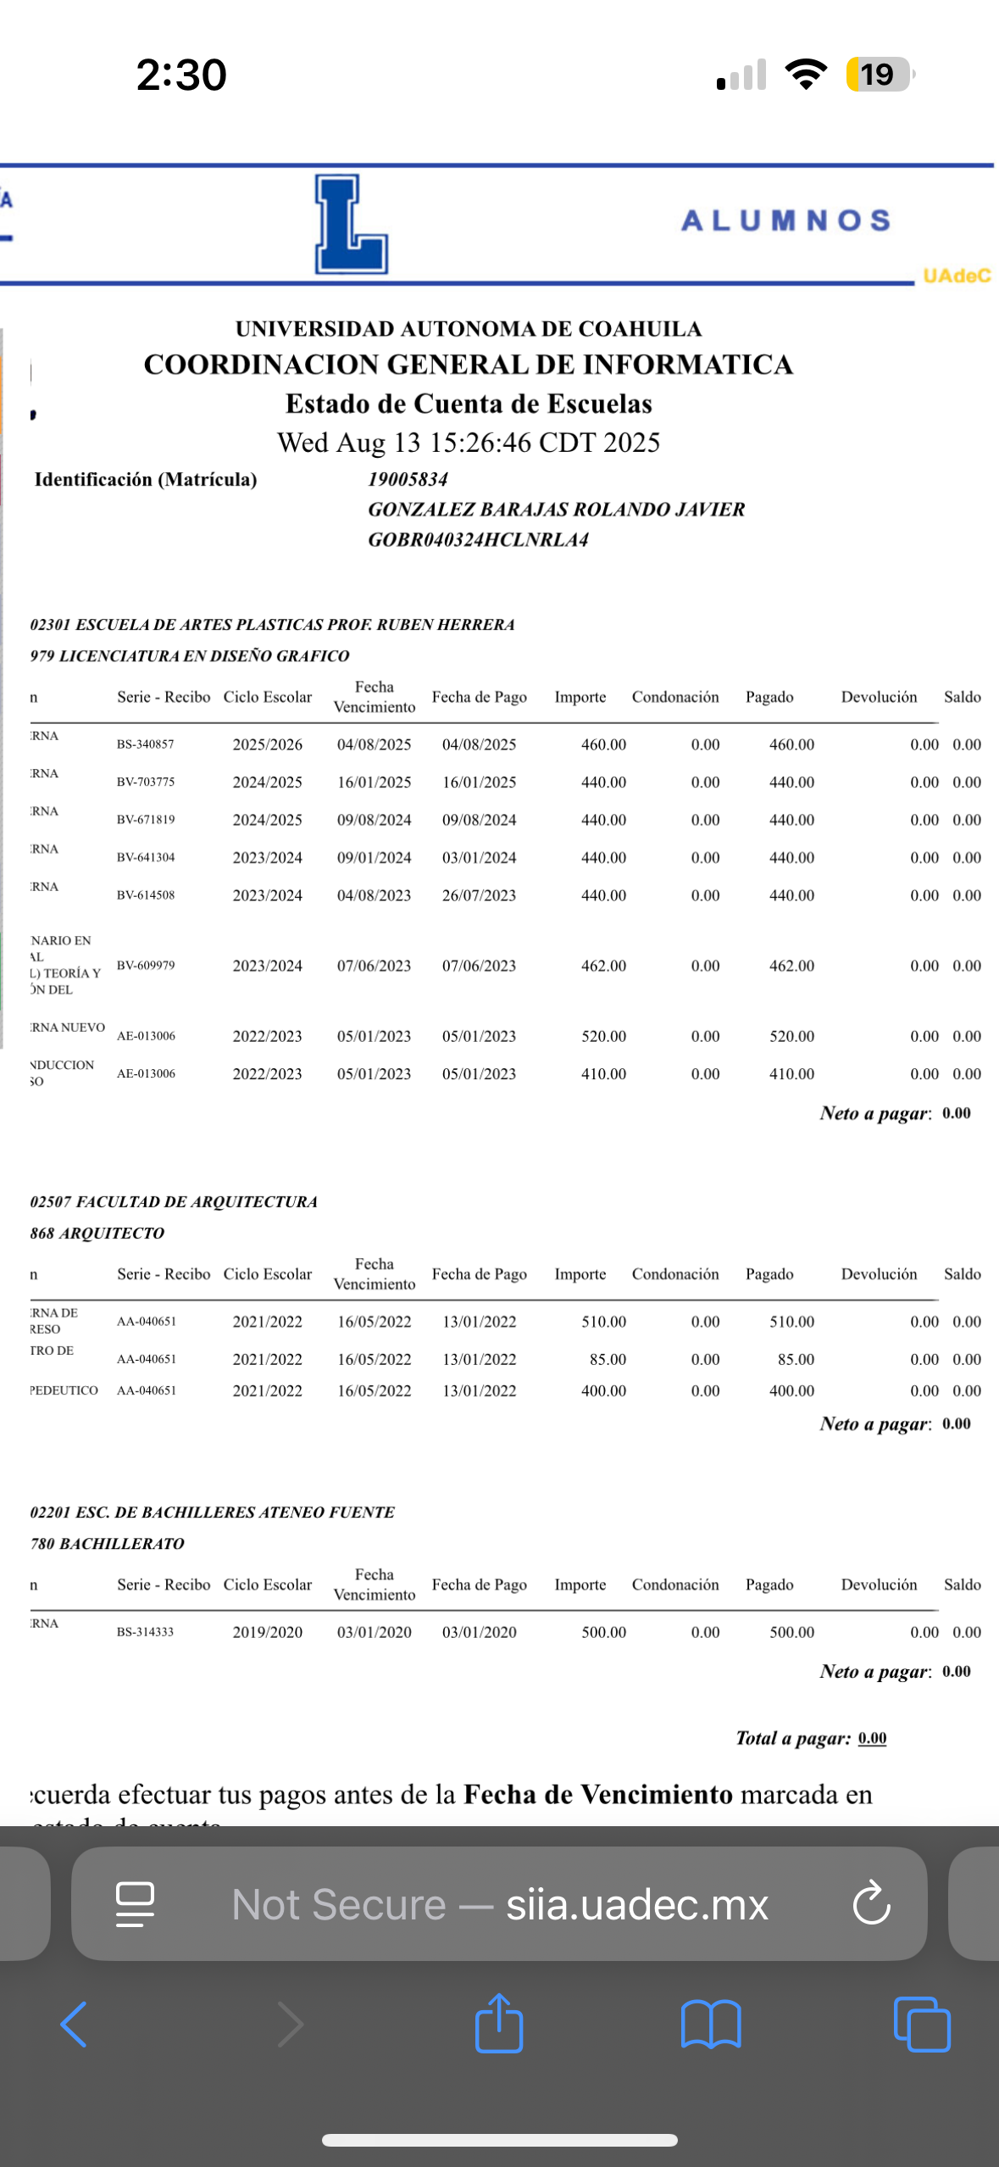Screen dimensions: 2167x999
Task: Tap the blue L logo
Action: (x=351, y=224)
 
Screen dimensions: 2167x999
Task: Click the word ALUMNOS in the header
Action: (x=785, y=220)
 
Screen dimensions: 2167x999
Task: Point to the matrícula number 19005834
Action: (x=408, y=479)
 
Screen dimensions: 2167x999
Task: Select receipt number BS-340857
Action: (x=145, y=744)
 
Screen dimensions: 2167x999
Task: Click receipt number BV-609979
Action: (x=146, y=965)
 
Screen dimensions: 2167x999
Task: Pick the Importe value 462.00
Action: (x=603, y=966)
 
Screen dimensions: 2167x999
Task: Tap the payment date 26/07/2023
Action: (x=479, y=895)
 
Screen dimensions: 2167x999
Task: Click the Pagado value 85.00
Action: (x=796, y=1359)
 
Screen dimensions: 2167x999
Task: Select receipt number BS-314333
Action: (x=145, y=1632)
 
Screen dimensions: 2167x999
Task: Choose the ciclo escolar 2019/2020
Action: (x=267, y=1632)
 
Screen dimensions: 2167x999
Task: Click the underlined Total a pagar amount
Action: (x=872, y=1738)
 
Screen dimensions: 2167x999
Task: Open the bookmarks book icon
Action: (x=711, y=2025)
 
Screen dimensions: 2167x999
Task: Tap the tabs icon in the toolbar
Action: (x=922, y=2025)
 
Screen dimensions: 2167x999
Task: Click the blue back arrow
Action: (x=74, y=2025)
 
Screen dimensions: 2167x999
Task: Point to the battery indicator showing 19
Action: (x=879, y=75)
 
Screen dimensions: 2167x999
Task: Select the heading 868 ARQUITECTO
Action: (x=97, y=1233)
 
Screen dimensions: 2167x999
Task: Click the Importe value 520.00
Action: (x=603, y=1036)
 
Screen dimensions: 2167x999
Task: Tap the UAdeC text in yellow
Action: (x=957, y=276)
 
